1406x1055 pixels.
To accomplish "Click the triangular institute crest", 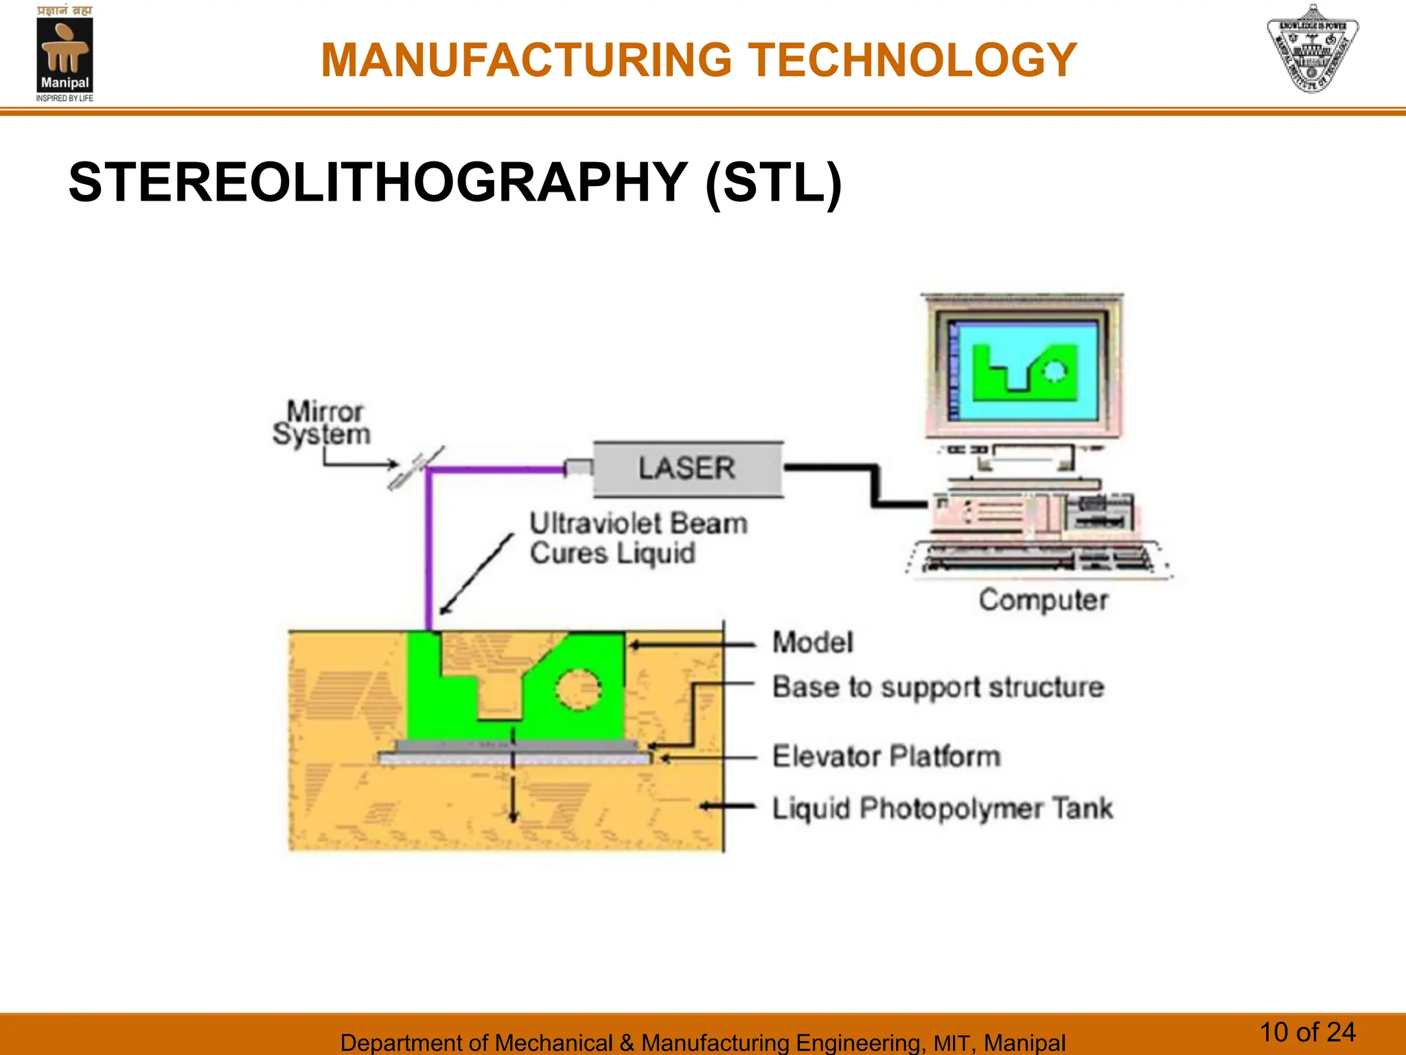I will (x=1312, y=49).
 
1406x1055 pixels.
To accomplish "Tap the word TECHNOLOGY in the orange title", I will (x=912, y=60).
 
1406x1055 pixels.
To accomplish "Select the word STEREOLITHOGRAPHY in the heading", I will (x=378, y=183).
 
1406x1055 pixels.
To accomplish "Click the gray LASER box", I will (x=687, y=469).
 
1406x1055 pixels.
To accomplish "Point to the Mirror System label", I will (x=322, y=423).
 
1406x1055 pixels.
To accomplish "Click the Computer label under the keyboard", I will (x=1043, y=600).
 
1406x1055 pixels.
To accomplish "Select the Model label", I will (x=813, y=643).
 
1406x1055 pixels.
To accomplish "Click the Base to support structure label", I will (x=938, y=687).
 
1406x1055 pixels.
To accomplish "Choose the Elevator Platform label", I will (x=886, y=756).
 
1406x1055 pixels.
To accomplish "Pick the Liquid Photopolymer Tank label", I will (x=942, y=808).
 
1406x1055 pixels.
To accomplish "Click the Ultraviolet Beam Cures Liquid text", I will (x=638, y=538).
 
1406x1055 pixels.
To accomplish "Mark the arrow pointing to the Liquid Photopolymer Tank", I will (x=728, y=807).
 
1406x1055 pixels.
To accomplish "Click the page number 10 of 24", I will (x=1307, y=1032).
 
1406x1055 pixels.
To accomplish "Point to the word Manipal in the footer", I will (x=1024, y=1043).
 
